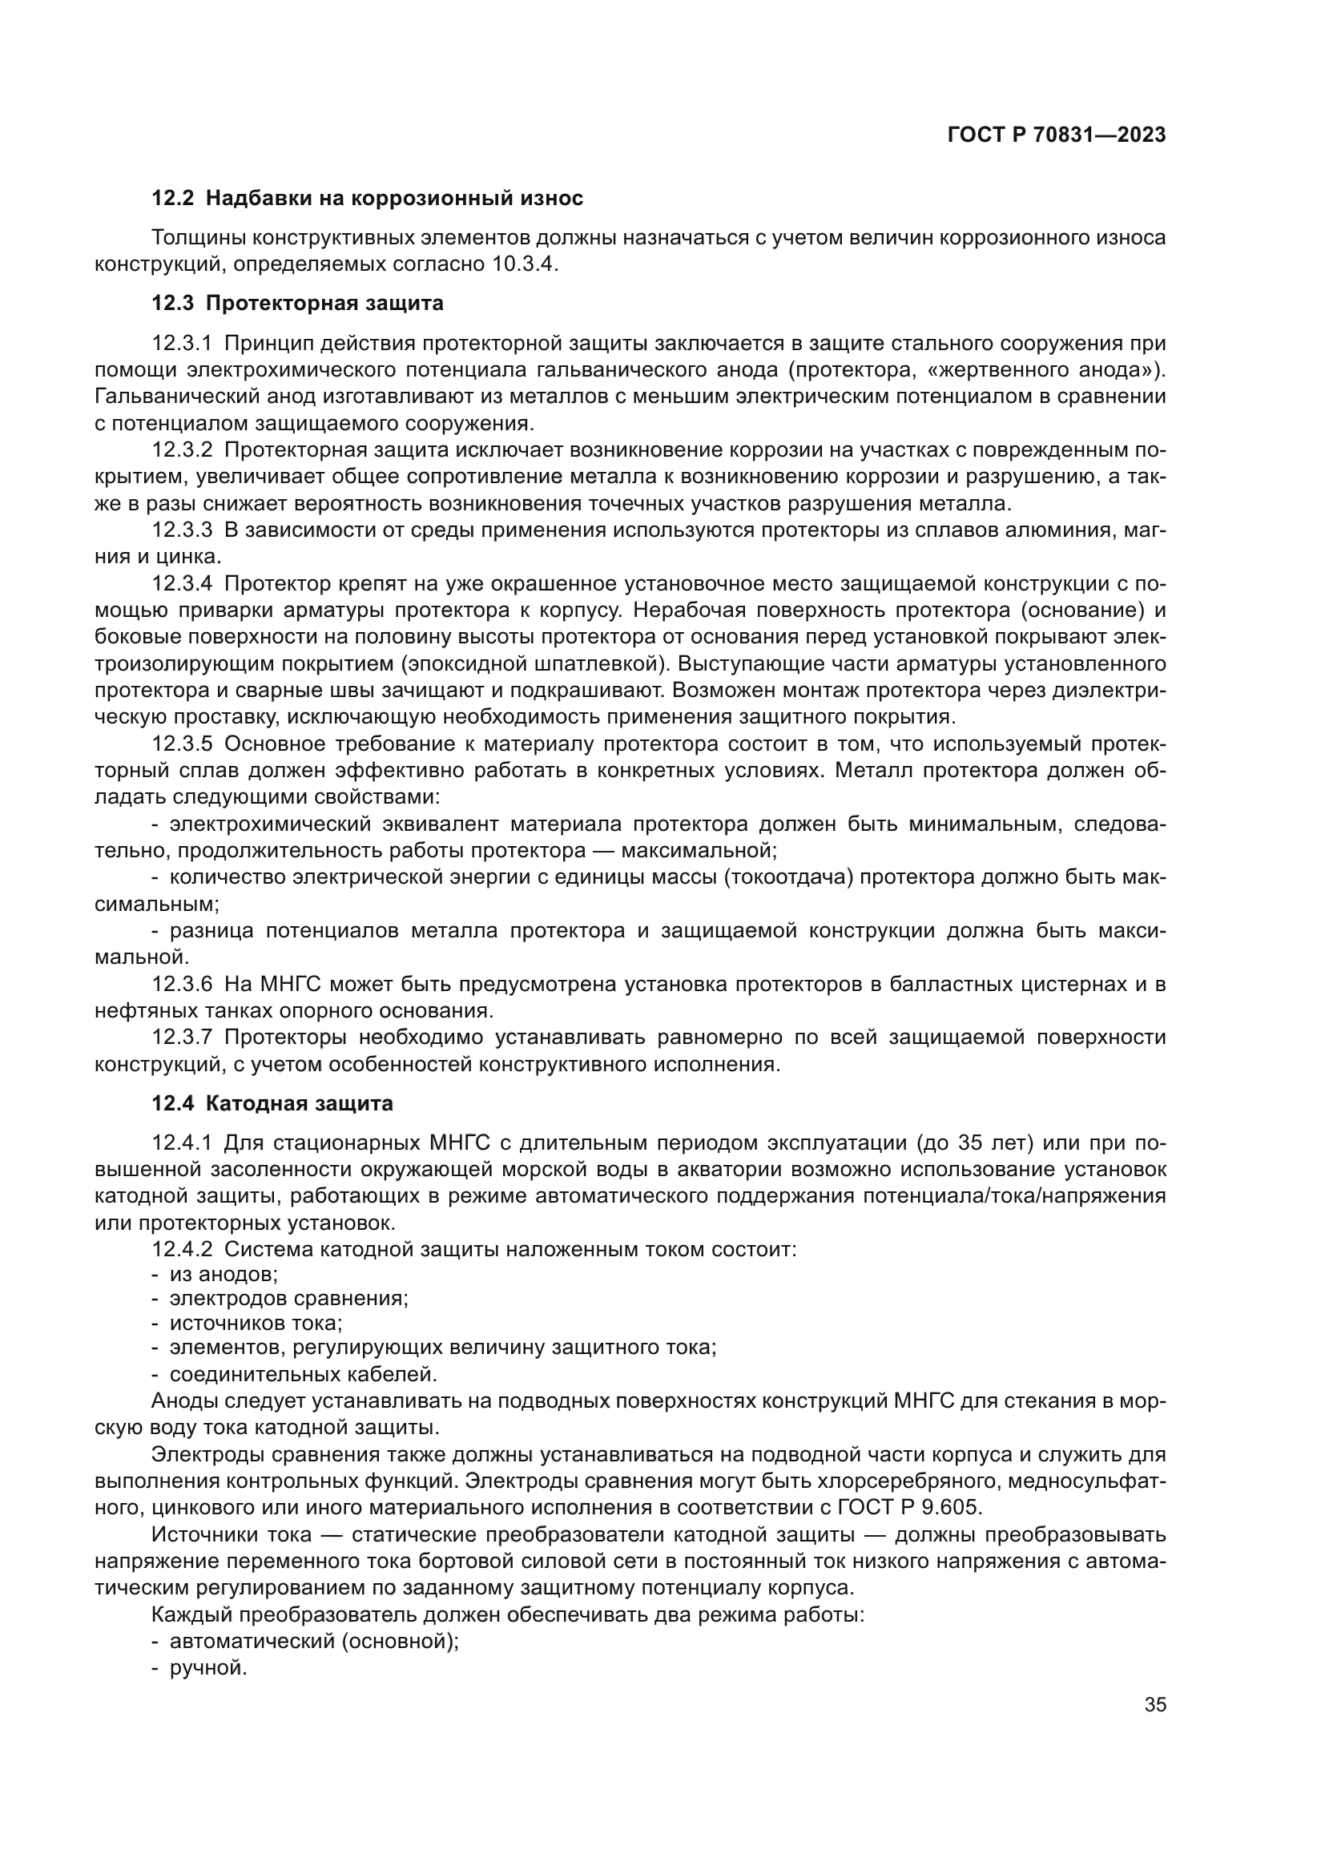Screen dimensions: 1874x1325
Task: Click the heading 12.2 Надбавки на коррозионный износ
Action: (367, 198)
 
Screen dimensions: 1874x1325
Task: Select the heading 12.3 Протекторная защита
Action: (298, 303)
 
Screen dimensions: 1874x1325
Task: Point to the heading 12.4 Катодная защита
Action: (272, 1103)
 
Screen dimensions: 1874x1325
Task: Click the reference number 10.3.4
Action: (524, 264)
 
